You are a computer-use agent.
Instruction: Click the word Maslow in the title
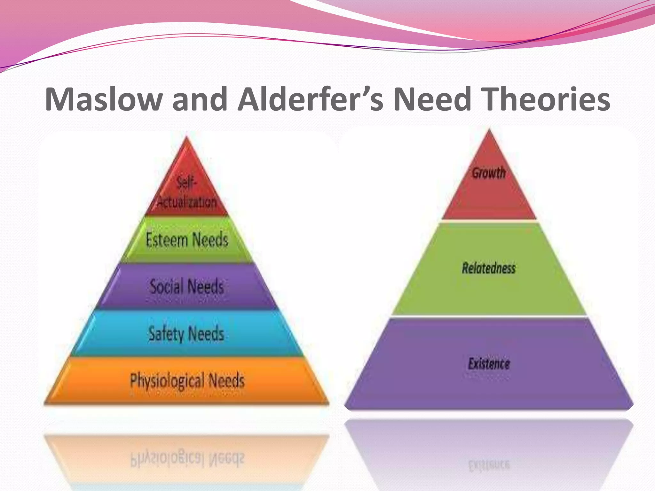click(103, 99)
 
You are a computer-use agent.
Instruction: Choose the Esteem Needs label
click(187, 240)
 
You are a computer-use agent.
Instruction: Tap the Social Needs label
click(187, 286)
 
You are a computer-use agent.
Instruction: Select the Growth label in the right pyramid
click(489, 173)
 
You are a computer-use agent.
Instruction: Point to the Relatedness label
click(489, 268)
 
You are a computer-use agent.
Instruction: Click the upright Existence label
click(489, 364)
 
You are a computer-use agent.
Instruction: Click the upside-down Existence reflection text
click(489, 465)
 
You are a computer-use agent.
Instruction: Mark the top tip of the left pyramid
click(187, 137)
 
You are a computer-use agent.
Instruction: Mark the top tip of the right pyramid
click(489, 129)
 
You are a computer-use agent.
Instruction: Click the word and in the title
click(200, 99)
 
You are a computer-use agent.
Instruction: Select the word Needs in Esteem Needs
click(210, 240)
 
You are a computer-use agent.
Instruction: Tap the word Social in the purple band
click(167, 286)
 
